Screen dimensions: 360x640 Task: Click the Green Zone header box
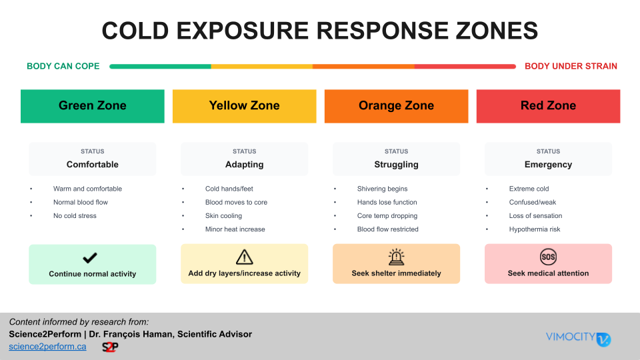[x=93, y=106]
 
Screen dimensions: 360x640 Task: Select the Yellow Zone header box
[x=244, y=106]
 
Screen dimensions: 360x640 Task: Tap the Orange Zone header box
[x=396, y=106]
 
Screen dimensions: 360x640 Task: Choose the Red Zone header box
[x=548, y=106]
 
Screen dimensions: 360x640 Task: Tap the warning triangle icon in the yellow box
[x=245, y=257]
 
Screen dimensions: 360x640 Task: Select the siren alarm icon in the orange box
[x=396, y=257]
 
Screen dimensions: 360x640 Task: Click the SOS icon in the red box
[x=548, y=257]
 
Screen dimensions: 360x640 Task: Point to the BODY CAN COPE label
[x=63, y=66]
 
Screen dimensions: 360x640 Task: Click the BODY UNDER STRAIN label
[x=571, y=66]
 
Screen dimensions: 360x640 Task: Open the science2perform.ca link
[x=47, y=347]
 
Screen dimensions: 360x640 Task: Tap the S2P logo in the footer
[x=110, y=347]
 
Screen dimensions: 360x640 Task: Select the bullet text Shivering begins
[x=382, y=189]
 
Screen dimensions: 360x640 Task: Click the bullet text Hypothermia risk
[x=534, y=229]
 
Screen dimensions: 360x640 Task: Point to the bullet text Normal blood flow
[x=80, y=202]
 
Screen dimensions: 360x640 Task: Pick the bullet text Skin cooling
[x=223, y=216]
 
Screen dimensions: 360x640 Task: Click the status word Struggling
[x=396, y=165]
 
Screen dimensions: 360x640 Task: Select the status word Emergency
[x=548, y=165]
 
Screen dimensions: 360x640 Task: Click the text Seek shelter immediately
[x=396, y=273]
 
